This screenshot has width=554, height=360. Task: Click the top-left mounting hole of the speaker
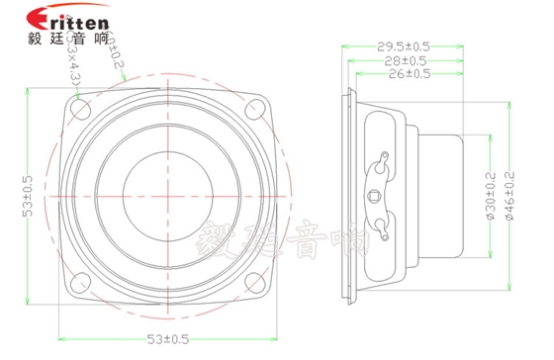pos(80,110)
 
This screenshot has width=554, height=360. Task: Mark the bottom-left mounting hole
pos(80,280)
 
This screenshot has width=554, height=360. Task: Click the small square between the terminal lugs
pos(373,196)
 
